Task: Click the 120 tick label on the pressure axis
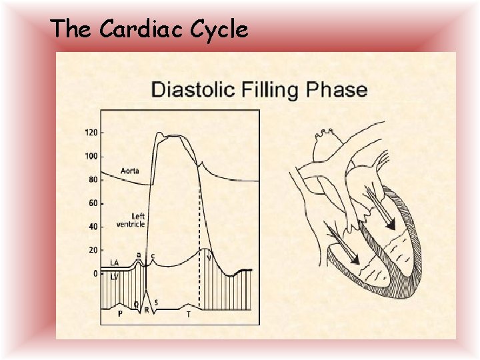point(91,133)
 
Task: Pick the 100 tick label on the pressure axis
point(91,156)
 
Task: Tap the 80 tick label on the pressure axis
point(93,180)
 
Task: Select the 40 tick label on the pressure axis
point(93,227)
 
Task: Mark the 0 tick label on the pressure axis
point(95,273)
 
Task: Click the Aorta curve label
point(130,171)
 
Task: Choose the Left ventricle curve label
point(131,220)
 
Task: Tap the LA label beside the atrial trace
point(114,263)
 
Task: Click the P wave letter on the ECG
point(119,313)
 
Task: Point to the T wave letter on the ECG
point(189,313)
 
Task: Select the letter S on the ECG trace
point(156,303)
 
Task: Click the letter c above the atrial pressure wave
point(153,255)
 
